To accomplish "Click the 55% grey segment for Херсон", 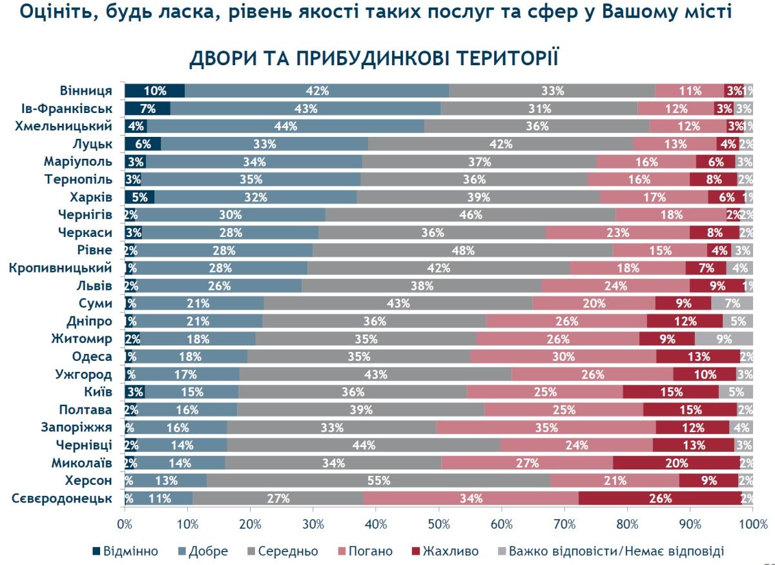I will pos(378,480).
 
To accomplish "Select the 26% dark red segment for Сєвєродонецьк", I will pos(660,498).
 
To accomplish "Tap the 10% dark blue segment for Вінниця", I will pos(155,91).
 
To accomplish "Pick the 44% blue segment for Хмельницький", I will pos(285,127).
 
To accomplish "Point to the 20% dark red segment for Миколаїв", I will pos(677,462).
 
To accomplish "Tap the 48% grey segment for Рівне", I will pos(463,250).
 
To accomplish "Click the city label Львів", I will pos(95,285).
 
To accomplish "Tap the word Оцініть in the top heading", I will pos(52,11).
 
